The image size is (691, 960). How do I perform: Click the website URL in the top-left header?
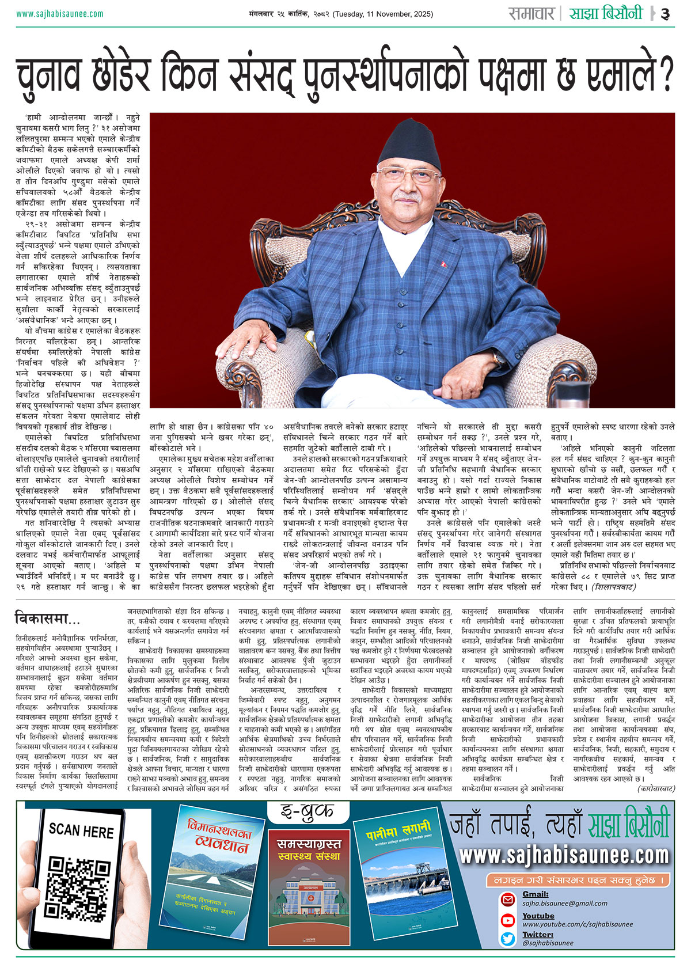point(60,14)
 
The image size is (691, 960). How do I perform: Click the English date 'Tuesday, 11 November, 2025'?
point(382,14)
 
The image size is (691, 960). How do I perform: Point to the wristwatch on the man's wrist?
point(498,358)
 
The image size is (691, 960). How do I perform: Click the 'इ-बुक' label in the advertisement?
point(307,811)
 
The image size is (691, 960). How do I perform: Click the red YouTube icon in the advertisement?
point(507,920)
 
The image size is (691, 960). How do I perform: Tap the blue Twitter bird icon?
point(507,939)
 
